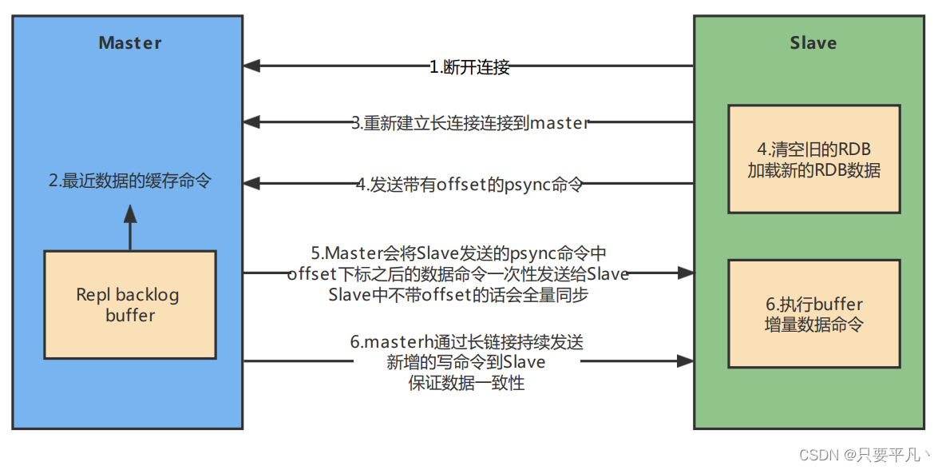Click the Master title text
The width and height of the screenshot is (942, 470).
(x=130, y=43)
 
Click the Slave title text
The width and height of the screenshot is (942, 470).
(x=813, y=43)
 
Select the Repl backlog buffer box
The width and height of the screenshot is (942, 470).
(x=130, y=305)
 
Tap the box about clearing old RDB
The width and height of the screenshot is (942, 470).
(x=813, y=159)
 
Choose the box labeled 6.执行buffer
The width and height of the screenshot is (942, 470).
(x=813, y=313)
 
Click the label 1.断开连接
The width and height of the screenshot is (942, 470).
(x=469, y=67)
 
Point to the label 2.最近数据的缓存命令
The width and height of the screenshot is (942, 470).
(x=130, y=181)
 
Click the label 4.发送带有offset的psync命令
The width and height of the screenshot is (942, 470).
(x=469, y=185)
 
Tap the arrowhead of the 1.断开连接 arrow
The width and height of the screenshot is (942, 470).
(x=251, y=66)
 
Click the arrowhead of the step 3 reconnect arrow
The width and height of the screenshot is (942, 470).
(x=251, y=122)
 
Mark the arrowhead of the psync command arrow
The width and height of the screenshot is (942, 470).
(x=251, y=184)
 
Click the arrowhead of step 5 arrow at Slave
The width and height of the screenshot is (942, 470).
(x=685, y=273)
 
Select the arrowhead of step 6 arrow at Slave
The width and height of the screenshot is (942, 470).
(x=685, y=360)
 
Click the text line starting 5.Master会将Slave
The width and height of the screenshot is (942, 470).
(x=458, y=254)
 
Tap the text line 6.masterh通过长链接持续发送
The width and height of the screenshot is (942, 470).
(x=467, y=342)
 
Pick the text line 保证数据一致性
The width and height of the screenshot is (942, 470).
(x=467, y=384)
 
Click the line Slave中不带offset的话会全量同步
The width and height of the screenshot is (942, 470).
(x=458, y=295)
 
